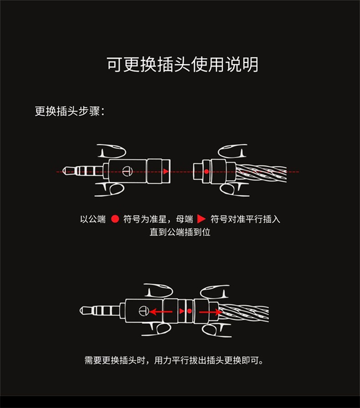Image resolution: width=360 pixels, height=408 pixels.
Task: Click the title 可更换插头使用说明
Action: [182, 64]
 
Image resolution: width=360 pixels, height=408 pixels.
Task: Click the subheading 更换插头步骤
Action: [69, 111]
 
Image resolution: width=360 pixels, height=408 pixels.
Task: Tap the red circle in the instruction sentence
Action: [115, 219]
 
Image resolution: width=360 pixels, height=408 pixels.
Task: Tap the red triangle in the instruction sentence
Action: [201, 219]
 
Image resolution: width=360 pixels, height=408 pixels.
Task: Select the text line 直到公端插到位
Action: [180, 232]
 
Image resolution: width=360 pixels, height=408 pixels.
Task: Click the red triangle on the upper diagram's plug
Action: [165, 172]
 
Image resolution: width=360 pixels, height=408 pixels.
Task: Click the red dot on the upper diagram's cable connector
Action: [206, 172]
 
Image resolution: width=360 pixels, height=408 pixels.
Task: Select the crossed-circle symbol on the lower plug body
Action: [143, 311]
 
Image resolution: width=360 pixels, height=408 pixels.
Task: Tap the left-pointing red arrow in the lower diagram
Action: [161, 312]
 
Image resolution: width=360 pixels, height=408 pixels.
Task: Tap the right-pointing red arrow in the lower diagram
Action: [210, 312]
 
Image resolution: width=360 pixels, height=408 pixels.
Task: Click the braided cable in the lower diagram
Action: [244, 312]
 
